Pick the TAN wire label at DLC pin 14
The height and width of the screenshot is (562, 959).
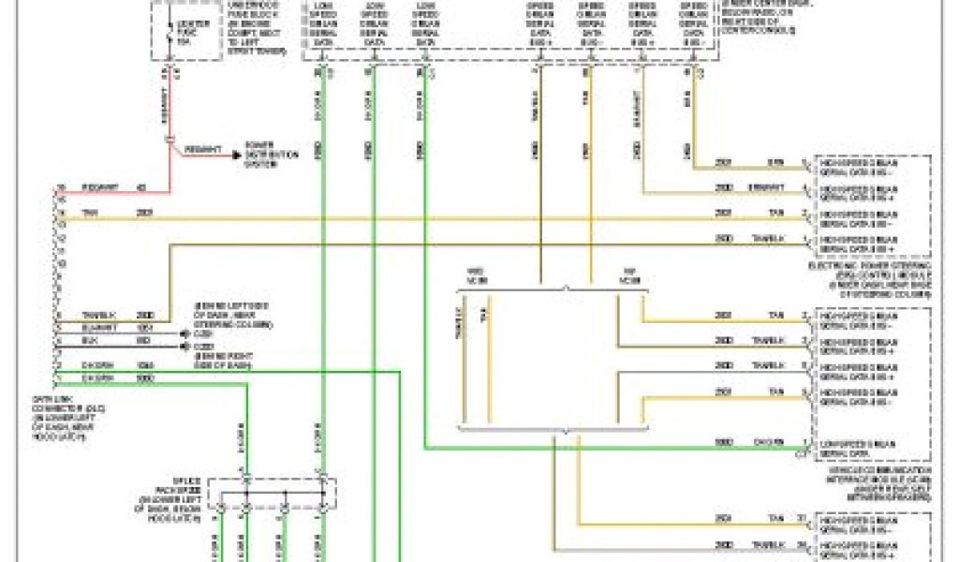[x=91, y=214]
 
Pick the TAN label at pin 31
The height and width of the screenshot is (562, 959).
[x=776, y=518]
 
